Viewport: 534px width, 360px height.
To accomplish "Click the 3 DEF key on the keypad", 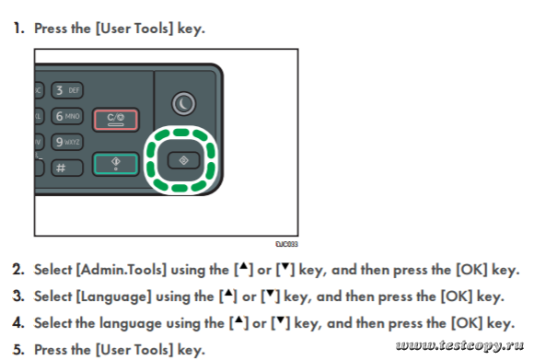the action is (67, 90).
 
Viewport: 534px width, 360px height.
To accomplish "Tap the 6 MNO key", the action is (67, 116).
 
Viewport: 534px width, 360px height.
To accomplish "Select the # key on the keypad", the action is (67, 168).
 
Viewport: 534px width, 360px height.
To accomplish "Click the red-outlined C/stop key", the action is (115, 120).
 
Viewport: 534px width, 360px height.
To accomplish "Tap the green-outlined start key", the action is (115, 164).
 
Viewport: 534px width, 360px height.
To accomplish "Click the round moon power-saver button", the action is (183, 103).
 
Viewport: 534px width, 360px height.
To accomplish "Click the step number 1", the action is (18, 29).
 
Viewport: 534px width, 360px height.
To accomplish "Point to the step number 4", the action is (18, 322).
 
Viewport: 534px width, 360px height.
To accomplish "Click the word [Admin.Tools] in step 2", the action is (122, 270).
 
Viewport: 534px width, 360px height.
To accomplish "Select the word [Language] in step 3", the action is (113, 296).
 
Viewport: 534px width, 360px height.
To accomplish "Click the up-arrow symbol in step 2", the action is (243, 266).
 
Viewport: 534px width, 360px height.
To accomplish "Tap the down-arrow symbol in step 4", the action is (280, 319).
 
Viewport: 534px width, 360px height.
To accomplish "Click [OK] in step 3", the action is (457, 296).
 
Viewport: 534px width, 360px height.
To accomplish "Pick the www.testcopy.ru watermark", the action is (459, 345).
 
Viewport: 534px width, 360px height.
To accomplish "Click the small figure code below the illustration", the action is (286, 244).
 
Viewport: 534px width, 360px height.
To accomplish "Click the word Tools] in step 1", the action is (154, 29).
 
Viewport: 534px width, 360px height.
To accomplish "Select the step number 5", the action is (18, 350).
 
